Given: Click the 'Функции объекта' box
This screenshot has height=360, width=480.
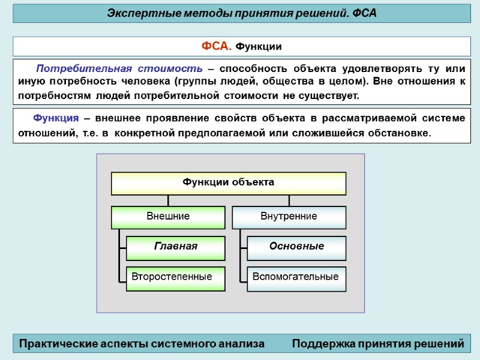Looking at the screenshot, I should coord(229,183).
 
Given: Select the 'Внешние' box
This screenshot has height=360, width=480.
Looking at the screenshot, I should coord(168,217).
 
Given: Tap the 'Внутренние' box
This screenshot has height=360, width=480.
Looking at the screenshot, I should coord(289,217).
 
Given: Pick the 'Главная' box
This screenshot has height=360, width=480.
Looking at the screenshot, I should coord(175,247).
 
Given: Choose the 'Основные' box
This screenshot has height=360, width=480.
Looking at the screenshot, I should coord(296,247).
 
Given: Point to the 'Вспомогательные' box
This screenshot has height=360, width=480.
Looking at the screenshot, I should coord(296,277).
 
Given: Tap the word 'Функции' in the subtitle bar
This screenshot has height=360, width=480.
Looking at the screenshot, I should coord(258,47).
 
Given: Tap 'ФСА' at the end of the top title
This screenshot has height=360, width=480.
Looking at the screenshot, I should coord(364,13).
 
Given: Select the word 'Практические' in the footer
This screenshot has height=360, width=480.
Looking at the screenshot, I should coord(62,344).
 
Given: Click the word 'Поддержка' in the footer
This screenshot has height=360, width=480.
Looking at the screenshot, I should coord(322,344).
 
